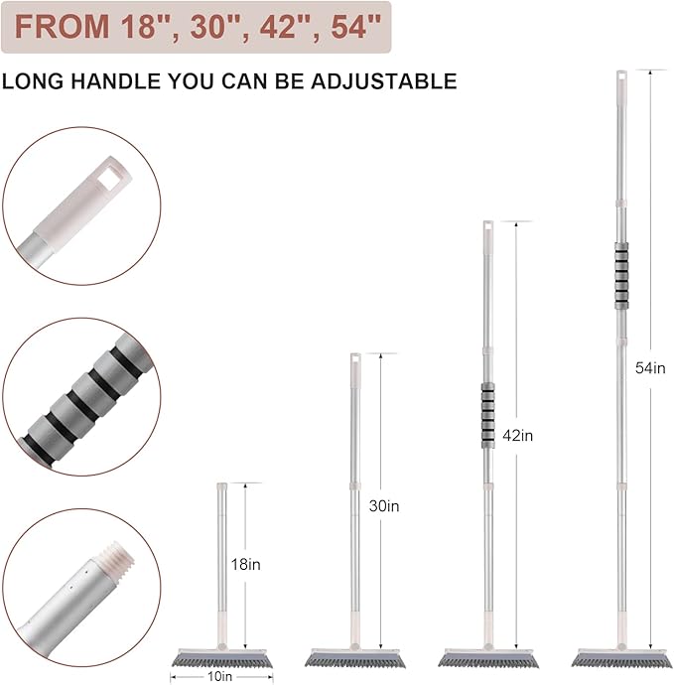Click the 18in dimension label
point(245,564)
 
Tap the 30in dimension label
point(384,505)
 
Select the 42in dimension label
point(517,435)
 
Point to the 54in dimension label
point(650,368)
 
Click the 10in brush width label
point(219,677)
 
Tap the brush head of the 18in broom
point(222,658)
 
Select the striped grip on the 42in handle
point(488,415)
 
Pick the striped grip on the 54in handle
point(621,275)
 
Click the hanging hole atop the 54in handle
point(621,77)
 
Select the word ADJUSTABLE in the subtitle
point(384,81)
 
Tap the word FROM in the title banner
point(62,26)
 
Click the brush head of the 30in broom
point(355,658)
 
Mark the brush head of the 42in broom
point(488,658)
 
